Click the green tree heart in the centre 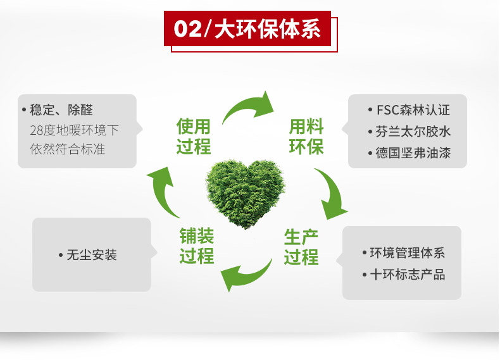point(245,194)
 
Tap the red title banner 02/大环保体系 point(247,28)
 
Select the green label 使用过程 point(194,136)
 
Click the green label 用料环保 point(306,136)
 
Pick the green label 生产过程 point(301,247)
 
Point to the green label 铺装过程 point(197,245)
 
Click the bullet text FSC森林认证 point(409,110)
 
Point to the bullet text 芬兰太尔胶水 point(409,132)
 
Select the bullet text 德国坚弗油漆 point(409,153)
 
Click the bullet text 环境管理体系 point(404,253)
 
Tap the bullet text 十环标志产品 point(404,274)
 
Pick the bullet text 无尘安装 point(88,255)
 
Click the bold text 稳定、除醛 point(58,110)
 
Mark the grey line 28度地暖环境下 point(74,130)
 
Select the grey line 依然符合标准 point(68,149)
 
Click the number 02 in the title point(188,29)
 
